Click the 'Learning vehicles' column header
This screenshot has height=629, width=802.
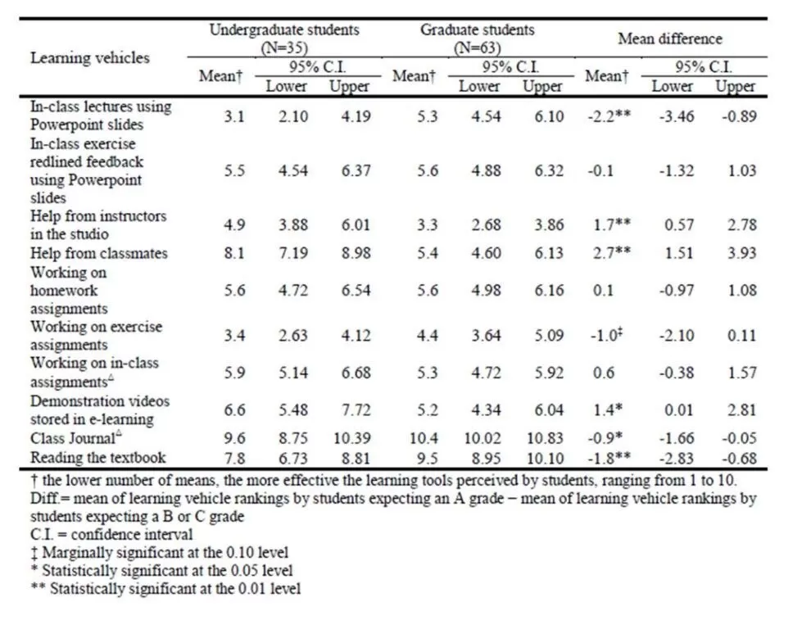(90, 57)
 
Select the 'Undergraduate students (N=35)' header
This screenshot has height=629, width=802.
(283, 38)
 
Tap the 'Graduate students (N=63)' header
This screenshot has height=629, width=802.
(477, 38)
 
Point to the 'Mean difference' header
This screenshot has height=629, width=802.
(670, 38)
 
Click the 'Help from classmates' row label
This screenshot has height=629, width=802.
(99, 253)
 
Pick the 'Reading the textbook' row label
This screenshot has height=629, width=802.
(98, 457)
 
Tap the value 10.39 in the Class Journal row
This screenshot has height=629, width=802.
(351, 438)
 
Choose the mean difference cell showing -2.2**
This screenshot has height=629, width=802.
(608, 116)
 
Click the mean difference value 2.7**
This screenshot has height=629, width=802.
(608, 253)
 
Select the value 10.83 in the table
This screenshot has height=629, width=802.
(543, 438)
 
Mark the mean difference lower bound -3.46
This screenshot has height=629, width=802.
(676, 116)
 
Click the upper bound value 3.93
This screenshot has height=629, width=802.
(741, 253)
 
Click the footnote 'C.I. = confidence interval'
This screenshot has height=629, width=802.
(111, 534)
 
